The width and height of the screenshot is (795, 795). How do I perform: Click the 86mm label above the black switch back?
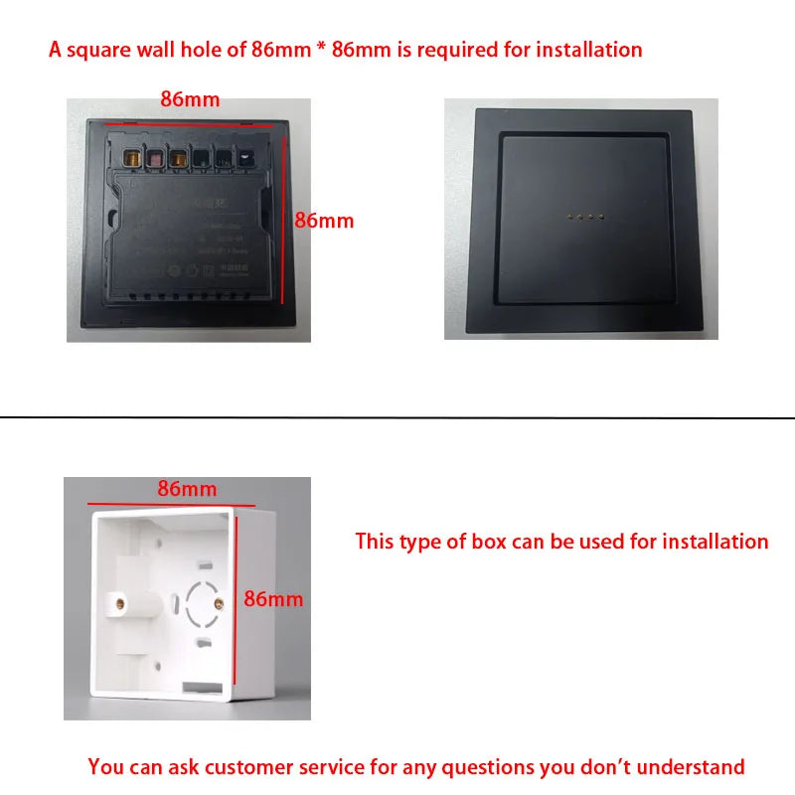[190, 99]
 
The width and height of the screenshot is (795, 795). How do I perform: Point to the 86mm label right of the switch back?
[324, 221]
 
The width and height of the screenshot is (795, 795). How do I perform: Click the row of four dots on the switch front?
[581, 215]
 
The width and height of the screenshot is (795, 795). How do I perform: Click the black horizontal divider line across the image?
[397, 417]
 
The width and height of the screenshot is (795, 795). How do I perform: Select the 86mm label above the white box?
[187, 489]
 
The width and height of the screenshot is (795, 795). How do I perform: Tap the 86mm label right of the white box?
[273, 599]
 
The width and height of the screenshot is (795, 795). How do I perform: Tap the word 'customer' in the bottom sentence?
[241, 766]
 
